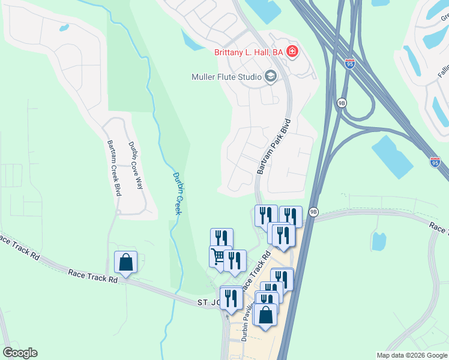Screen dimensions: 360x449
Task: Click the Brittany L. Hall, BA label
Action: (x=249, y=52)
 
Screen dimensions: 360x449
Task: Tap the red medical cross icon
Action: (x=292, y=52)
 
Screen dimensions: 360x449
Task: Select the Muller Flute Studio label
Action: (x=226, y=77)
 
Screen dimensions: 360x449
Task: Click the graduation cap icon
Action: (x=270, y=76)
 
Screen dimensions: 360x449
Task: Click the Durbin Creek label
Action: (x=177, y=193)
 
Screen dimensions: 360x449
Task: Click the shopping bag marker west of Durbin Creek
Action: (x=126, y=262)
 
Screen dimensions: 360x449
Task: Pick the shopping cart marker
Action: (x=220, y=257)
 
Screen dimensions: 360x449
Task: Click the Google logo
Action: (x=20, y=353)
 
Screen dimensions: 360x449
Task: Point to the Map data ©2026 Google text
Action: (x=412, y=355)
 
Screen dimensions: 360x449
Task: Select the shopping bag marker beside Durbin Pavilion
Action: (x=265, y=314)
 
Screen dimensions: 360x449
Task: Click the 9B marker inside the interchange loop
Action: (x=342, y=103)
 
